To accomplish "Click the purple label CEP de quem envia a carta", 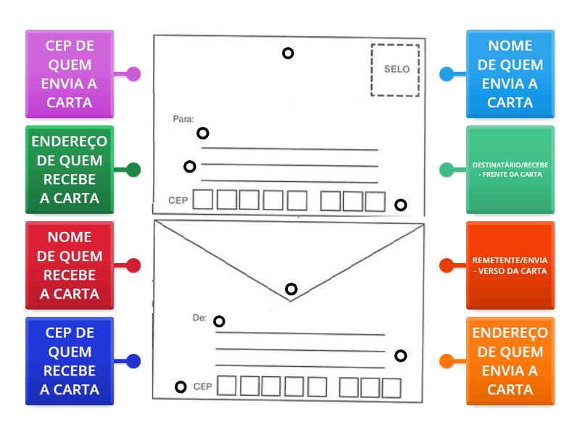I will tap(70, 74).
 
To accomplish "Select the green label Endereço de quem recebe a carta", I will tap(70, 170).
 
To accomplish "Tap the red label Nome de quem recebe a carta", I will tap(70, 265).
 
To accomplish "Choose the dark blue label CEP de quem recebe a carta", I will tap(70, 361).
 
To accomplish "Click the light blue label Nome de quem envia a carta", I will tap(510, 74).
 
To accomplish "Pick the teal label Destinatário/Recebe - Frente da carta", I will tap(510, 170).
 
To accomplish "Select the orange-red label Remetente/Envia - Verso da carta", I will tap(510, 265).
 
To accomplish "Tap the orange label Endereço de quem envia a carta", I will tap(510, 361).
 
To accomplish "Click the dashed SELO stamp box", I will tap(395, 70).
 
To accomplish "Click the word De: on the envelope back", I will tap(199, 318).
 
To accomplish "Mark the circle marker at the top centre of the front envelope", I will tap(288, 53).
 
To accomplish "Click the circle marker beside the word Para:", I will tap(203, 133).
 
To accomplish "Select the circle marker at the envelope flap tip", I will tap(291, 289).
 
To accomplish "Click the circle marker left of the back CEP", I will tap(181, 386).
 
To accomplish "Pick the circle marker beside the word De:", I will tap(219, 321).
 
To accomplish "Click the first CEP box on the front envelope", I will tap(203, 199).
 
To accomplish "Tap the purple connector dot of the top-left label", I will tap(133, 74).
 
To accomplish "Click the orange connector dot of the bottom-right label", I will tap(447, 361).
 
